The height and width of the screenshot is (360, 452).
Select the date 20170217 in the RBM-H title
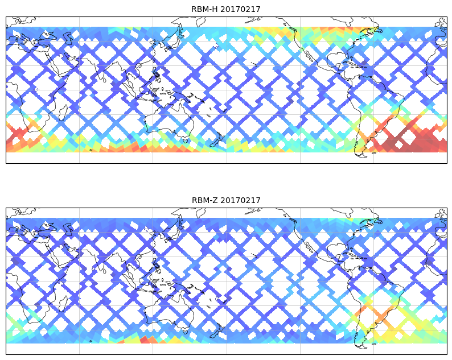240,9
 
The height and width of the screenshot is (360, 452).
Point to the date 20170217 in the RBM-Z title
240,200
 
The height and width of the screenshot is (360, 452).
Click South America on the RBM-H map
376,108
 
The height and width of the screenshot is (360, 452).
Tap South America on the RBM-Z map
376,299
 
